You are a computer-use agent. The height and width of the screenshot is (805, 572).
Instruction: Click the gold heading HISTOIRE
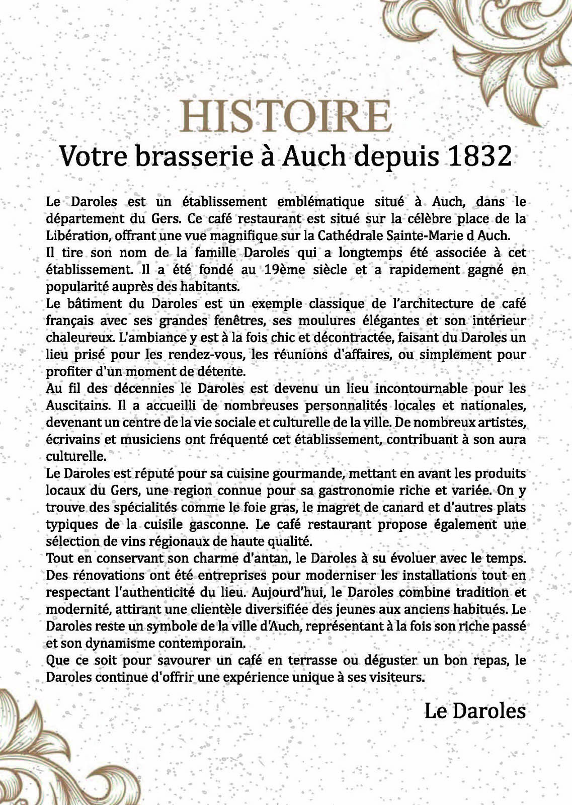tap(286, 116)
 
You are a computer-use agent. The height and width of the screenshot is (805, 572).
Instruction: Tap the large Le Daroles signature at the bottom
tap(474, 711)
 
